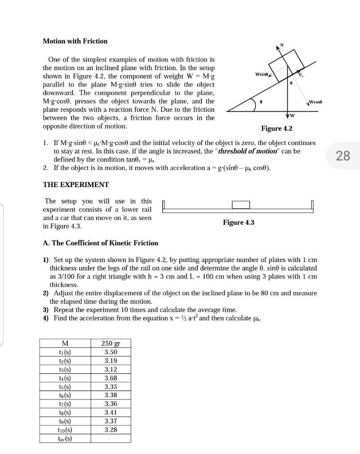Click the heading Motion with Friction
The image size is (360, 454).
[75, 41]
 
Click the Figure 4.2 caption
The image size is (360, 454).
[277, 129]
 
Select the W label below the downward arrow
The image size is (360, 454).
[293, 117]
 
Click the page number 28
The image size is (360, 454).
[343, 156]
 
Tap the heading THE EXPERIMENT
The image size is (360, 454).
[76, 184]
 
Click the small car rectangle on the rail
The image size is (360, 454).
[241, 204]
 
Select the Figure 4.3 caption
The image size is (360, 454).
[239, 223]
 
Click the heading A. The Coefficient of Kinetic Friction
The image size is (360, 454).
[100, 243]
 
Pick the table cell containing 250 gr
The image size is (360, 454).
[111, 344]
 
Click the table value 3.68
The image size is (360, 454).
[111, 378]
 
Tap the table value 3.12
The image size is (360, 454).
[111, 369]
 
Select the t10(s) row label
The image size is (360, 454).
[65, 430]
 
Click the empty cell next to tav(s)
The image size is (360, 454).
[111, 438]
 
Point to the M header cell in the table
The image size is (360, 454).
[65, 344]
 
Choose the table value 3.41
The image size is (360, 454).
[111, 412]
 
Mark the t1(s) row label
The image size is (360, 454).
[65, 352]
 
